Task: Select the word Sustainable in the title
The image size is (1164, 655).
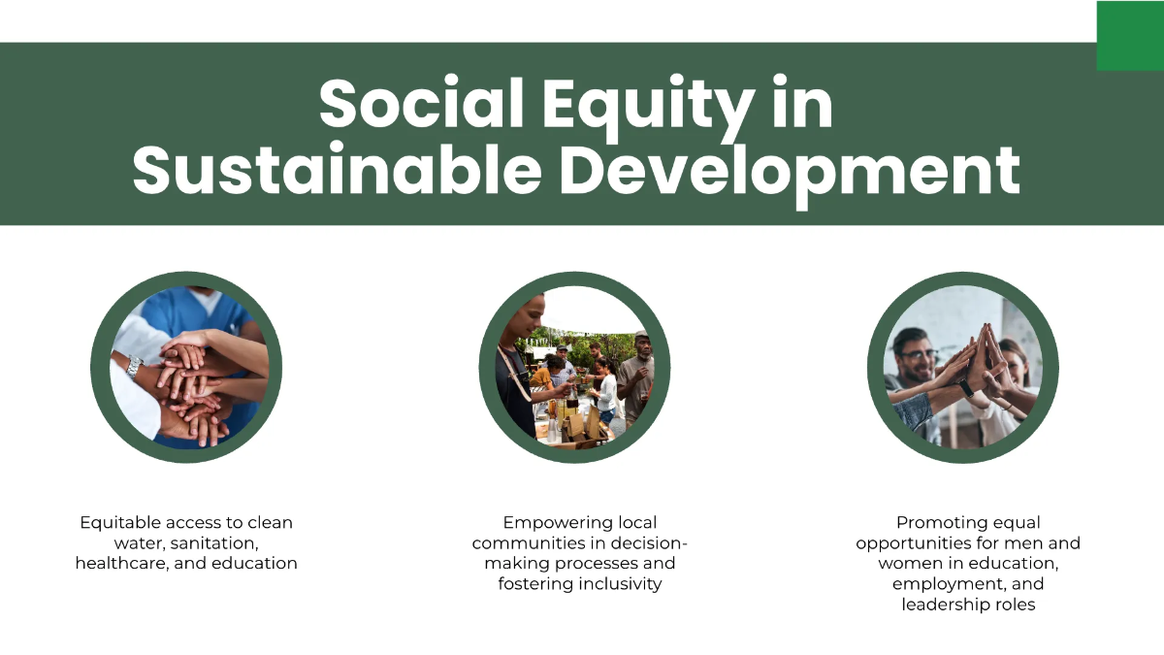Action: point(337,171)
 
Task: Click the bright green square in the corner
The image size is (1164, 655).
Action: point(1130,35)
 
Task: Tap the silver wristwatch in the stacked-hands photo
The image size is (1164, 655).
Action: point(133,366)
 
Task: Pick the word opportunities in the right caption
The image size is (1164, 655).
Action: point(914,542)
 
